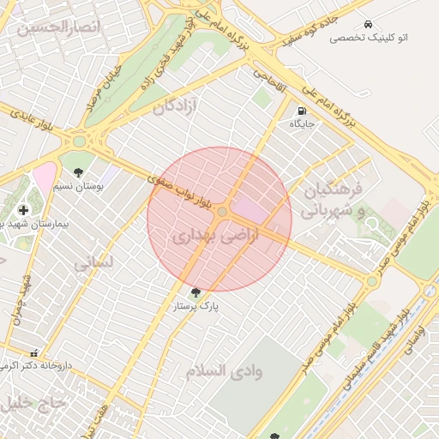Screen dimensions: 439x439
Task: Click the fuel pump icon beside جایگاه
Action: point(303,111)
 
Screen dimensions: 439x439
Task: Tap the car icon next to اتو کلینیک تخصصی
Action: point(368,24)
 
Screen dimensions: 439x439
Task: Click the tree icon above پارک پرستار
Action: point(197,292)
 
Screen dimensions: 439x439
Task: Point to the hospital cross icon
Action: point(22,210)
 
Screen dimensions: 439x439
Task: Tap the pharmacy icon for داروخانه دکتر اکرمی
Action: point(34,353)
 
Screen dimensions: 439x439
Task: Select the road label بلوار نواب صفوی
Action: point(178,188)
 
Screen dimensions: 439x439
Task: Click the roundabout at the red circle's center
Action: point(222,211)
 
